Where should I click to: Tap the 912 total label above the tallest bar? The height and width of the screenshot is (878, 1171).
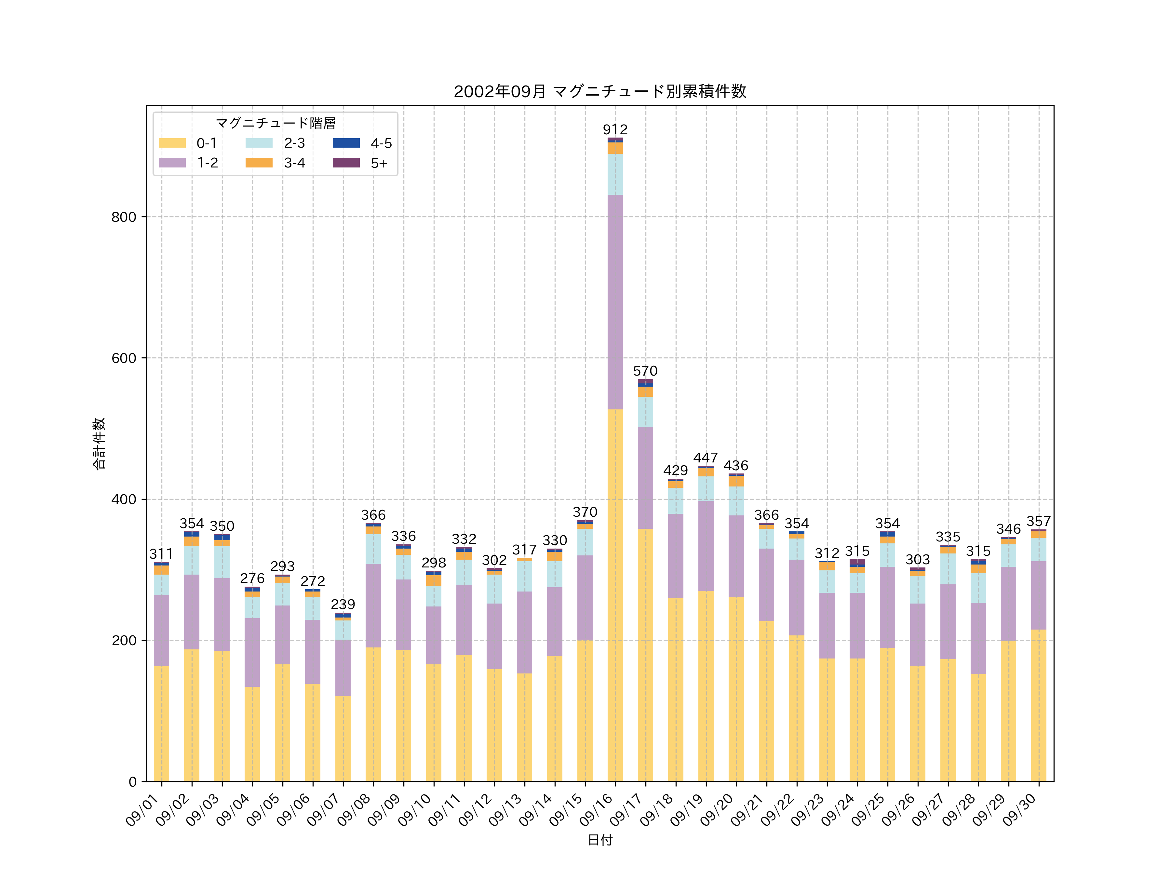(615, 130)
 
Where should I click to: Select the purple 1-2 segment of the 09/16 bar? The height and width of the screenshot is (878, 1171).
(615, 302)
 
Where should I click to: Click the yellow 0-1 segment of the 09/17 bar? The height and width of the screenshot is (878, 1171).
(645, 655)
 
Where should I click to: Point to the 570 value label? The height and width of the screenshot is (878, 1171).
(645, 371)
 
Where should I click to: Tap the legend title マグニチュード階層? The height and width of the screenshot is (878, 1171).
(275, 123)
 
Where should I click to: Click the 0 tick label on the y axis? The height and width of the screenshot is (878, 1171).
(132, 782)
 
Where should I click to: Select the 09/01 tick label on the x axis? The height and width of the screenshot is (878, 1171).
(143, 810)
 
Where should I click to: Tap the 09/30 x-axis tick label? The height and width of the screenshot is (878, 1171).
(1020, 810)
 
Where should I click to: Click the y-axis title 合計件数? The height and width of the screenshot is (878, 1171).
(99, 444)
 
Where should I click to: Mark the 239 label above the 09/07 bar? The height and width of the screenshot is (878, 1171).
(343, 605)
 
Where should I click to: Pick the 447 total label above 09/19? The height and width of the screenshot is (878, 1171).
(706, 458)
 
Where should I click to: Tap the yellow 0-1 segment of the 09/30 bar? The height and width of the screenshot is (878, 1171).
(1039, 705)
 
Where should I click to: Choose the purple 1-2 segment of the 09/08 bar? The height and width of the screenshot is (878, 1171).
(373, 605)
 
